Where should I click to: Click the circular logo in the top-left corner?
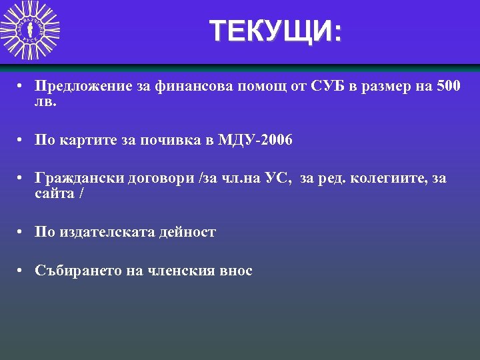[30, 31]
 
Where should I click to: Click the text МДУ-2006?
[258, 141]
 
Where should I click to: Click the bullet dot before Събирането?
[22, 271]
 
